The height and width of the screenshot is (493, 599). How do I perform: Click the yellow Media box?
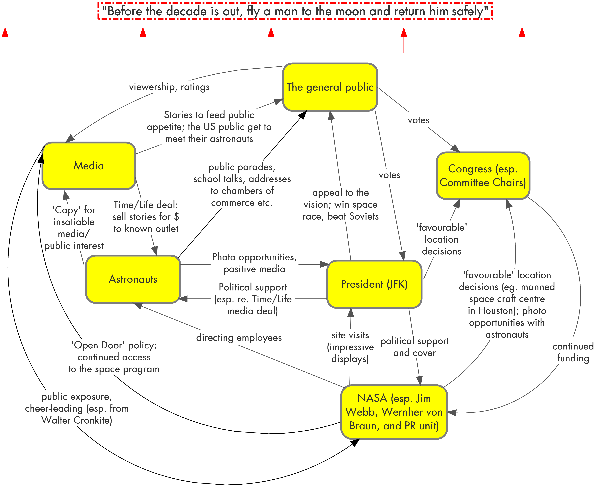click(89, 166)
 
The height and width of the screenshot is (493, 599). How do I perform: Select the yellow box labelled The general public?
click(330, 87)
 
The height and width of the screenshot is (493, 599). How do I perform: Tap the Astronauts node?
click(133, 279)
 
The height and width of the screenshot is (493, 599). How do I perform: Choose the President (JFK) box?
click(374, 284)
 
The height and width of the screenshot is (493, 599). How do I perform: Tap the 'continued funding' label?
click(573, 352)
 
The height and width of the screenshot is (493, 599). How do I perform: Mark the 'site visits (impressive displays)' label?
click(350, 347)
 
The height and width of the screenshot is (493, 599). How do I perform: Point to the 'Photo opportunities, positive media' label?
click(254, 263)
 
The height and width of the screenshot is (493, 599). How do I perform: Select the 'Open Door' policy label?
click(114, 357)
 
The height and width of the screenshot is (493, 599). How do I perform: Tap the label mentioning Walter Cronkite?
click(77, 408)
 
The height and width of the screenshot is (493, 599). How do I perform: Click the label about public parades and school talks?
click(242, 185)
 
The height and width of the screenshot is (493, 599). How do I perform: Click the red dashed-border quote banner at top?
click(295, 11)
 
